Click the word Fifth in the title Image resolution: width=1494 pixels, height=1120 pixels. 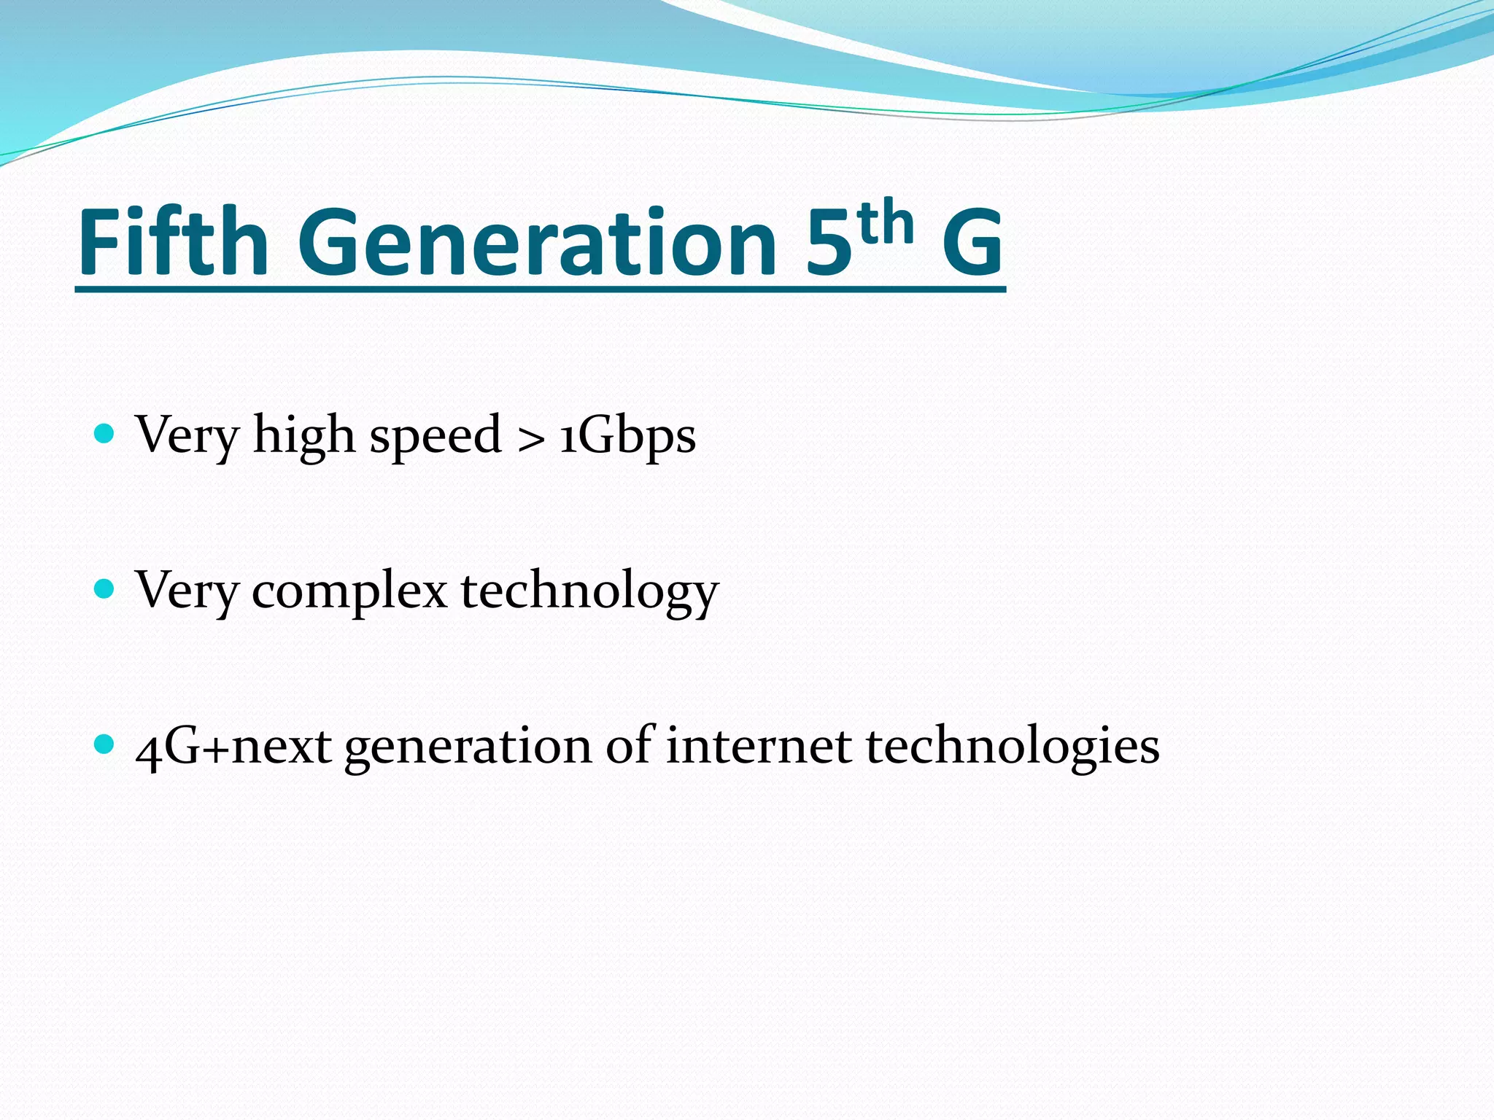(x=173, y=242)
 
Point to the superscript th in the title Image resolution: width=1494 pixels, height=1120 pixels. (x=886, y=222)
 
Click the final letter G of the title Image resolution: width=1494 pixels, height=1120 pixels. (x=972, y=242)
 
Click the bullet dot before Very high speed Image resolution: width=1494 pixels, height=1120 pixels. (x=105, y=434)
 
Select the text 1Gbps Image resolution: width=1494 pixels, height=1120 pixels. (x=627, y=436)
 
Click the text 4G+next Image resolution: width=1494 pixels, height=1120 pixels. (x=233, y=747)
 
